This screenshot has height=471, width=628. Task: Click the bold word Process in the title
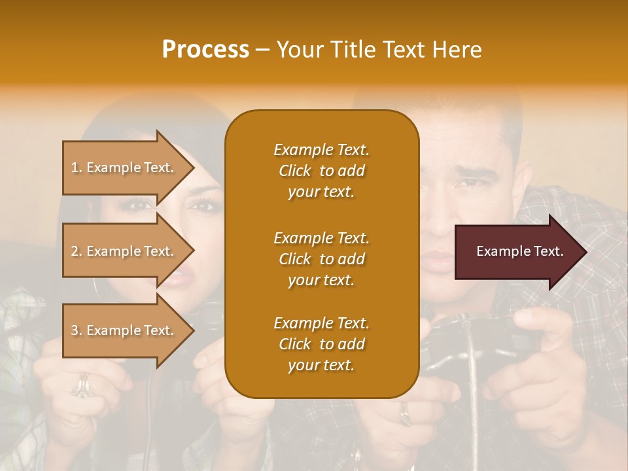[205, 50]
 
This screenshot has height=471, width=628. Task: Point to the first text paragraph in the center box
[321, 171]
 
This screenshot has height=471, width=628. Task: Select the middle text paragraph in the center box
[321, 259]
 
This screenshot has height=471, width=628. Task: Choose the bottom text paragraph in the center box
[321, 344]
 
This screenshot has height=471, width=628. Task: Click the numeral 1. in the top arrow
[77, 167]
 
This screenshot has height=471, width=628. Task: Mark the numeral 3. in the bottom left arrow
[77, 330]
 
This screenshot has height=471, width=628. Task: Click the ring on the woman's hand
[82, 386]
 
